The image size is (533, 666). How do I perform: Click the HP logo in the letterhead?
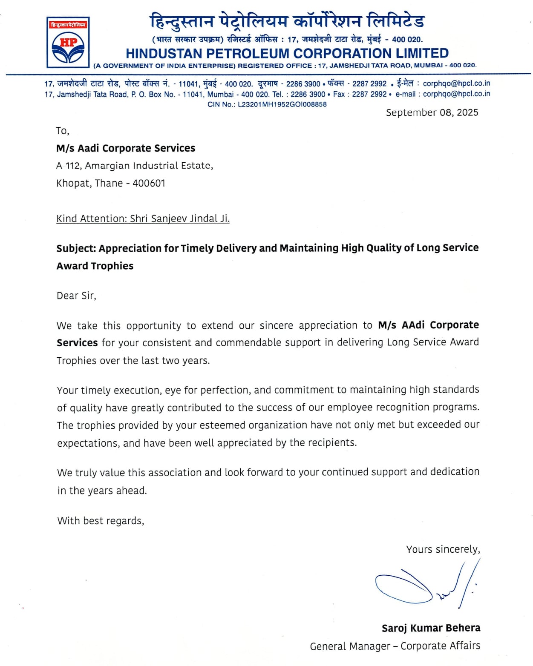coord(68,43)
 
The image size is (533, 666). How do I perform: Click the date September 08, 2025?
coord(432,112)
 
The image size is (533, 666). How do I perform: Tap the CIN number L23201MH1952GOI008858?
coord(282,104)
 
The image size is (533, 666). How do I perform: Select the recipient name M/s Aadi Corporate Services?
coord(125,148)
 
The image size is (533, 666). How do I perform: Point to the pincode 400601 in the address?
coord(149,184)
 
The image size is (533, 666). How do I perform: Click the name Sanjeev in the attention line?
coord(169,219)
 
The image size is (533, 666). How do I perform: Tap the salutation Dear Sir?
coord(76,296)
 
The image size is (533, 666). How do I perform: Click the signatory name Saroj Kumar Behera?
coord(431,628)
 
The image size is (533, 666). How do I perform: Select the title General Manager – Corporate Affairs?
coord(395,646)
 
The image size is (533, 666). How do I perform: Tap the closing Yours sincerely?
coord(443,549)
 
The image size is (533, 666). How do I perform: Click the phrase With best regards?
coord(101,521)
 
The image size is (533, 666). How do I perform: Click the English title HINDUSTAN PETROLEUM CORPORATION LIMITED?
coord(287,54)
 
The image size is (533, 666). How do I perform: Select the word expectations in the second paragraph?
coord(88,443)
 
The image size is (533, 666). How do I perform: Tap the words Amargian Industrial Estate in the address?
coord(149,166)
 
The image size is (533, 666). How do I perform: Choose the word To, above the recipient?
coord(62,131)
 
